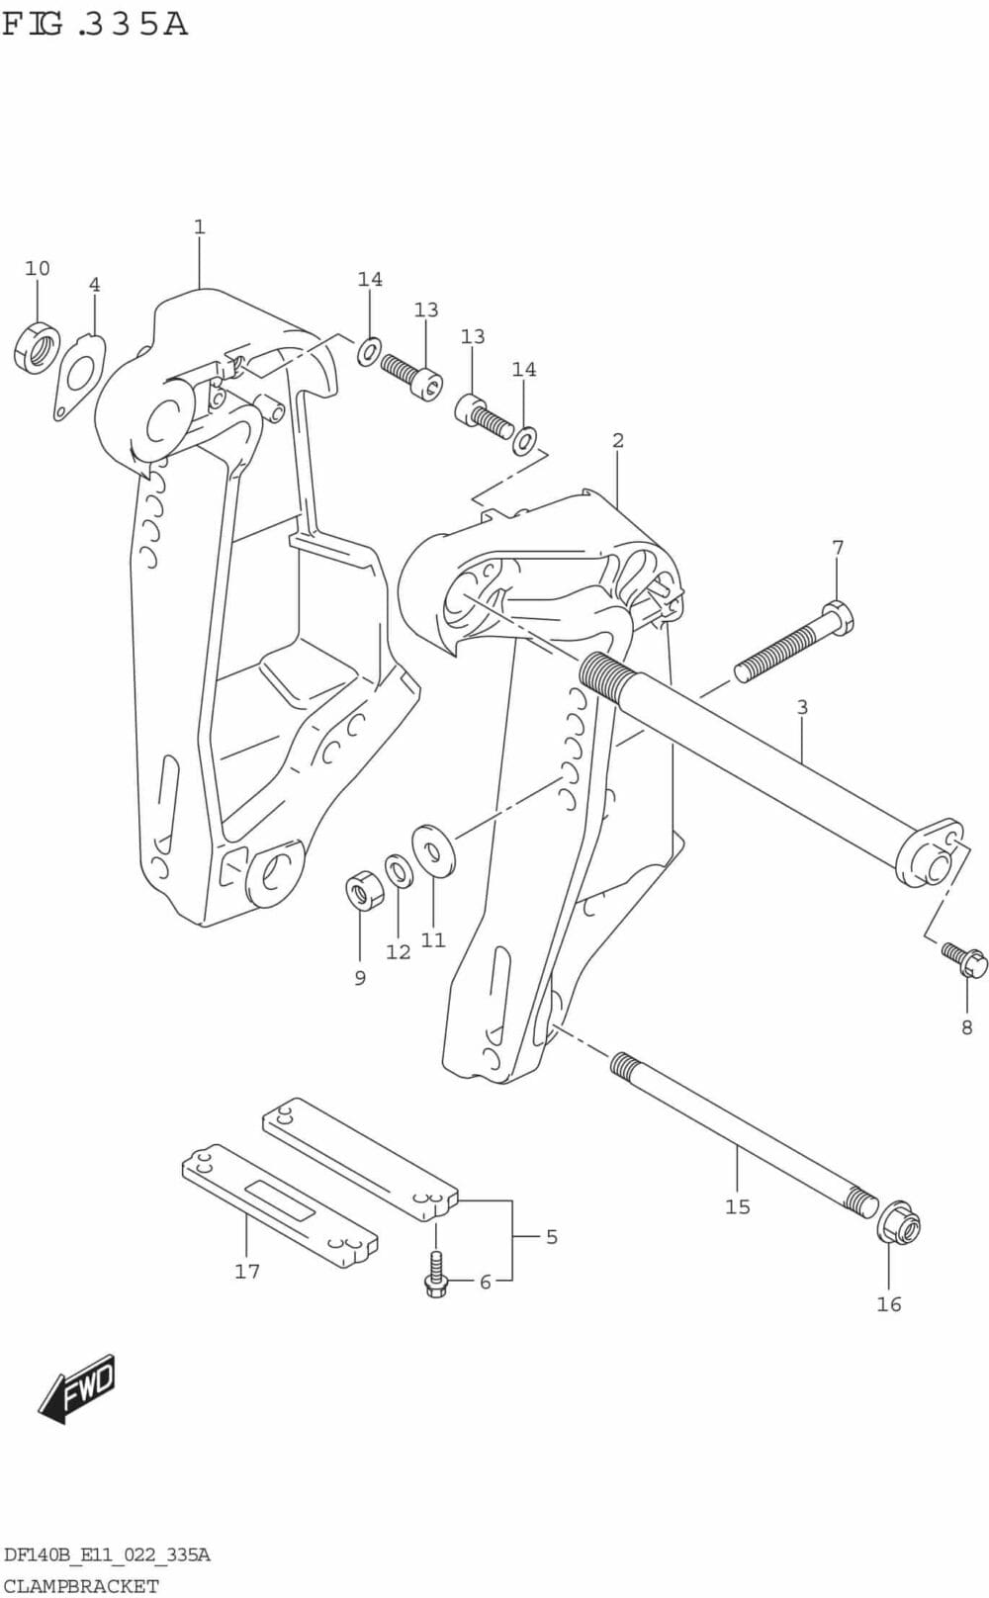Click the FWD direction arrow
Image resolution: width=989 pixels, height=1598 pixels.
coord(78,1387)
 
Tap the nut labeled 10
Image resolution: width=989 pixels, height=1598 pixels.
coord(38,347)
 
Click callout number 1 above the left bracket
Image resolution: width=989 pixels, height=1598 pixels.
coord(199,227)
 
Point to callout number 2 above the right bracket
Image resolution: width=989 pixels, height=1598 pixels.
coord(618,440)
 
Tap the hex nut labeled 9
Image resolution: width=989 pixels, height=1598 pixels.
coord(365,890)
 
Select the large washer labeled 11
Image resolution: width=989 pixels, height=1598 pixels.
coord(433,848)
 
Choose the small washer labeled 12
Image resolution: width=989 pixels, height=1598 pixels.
coord(399,871)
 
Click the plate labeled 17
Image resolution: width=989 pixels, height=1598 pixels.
coord(280,1205)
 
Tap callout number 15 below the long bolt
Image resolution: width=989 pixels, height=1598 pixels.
coord(738,1206)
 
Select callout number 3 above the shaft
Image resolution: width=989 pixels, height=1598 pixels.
coord(802,707)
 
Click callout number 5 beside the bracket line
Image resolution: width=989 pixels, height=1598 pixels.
coord(552,1236)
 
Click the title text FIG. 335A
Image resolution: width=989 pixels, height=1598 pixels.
coord(95,24)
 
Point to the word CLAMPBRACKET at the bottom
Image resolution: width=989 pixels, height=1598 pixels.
coord(80,1586)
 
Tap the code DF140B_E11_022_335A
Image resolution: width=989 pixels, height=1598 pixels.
coord(107,1555)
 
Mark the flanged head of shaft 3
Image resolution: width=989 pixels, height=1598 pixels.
coord(930,853)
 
